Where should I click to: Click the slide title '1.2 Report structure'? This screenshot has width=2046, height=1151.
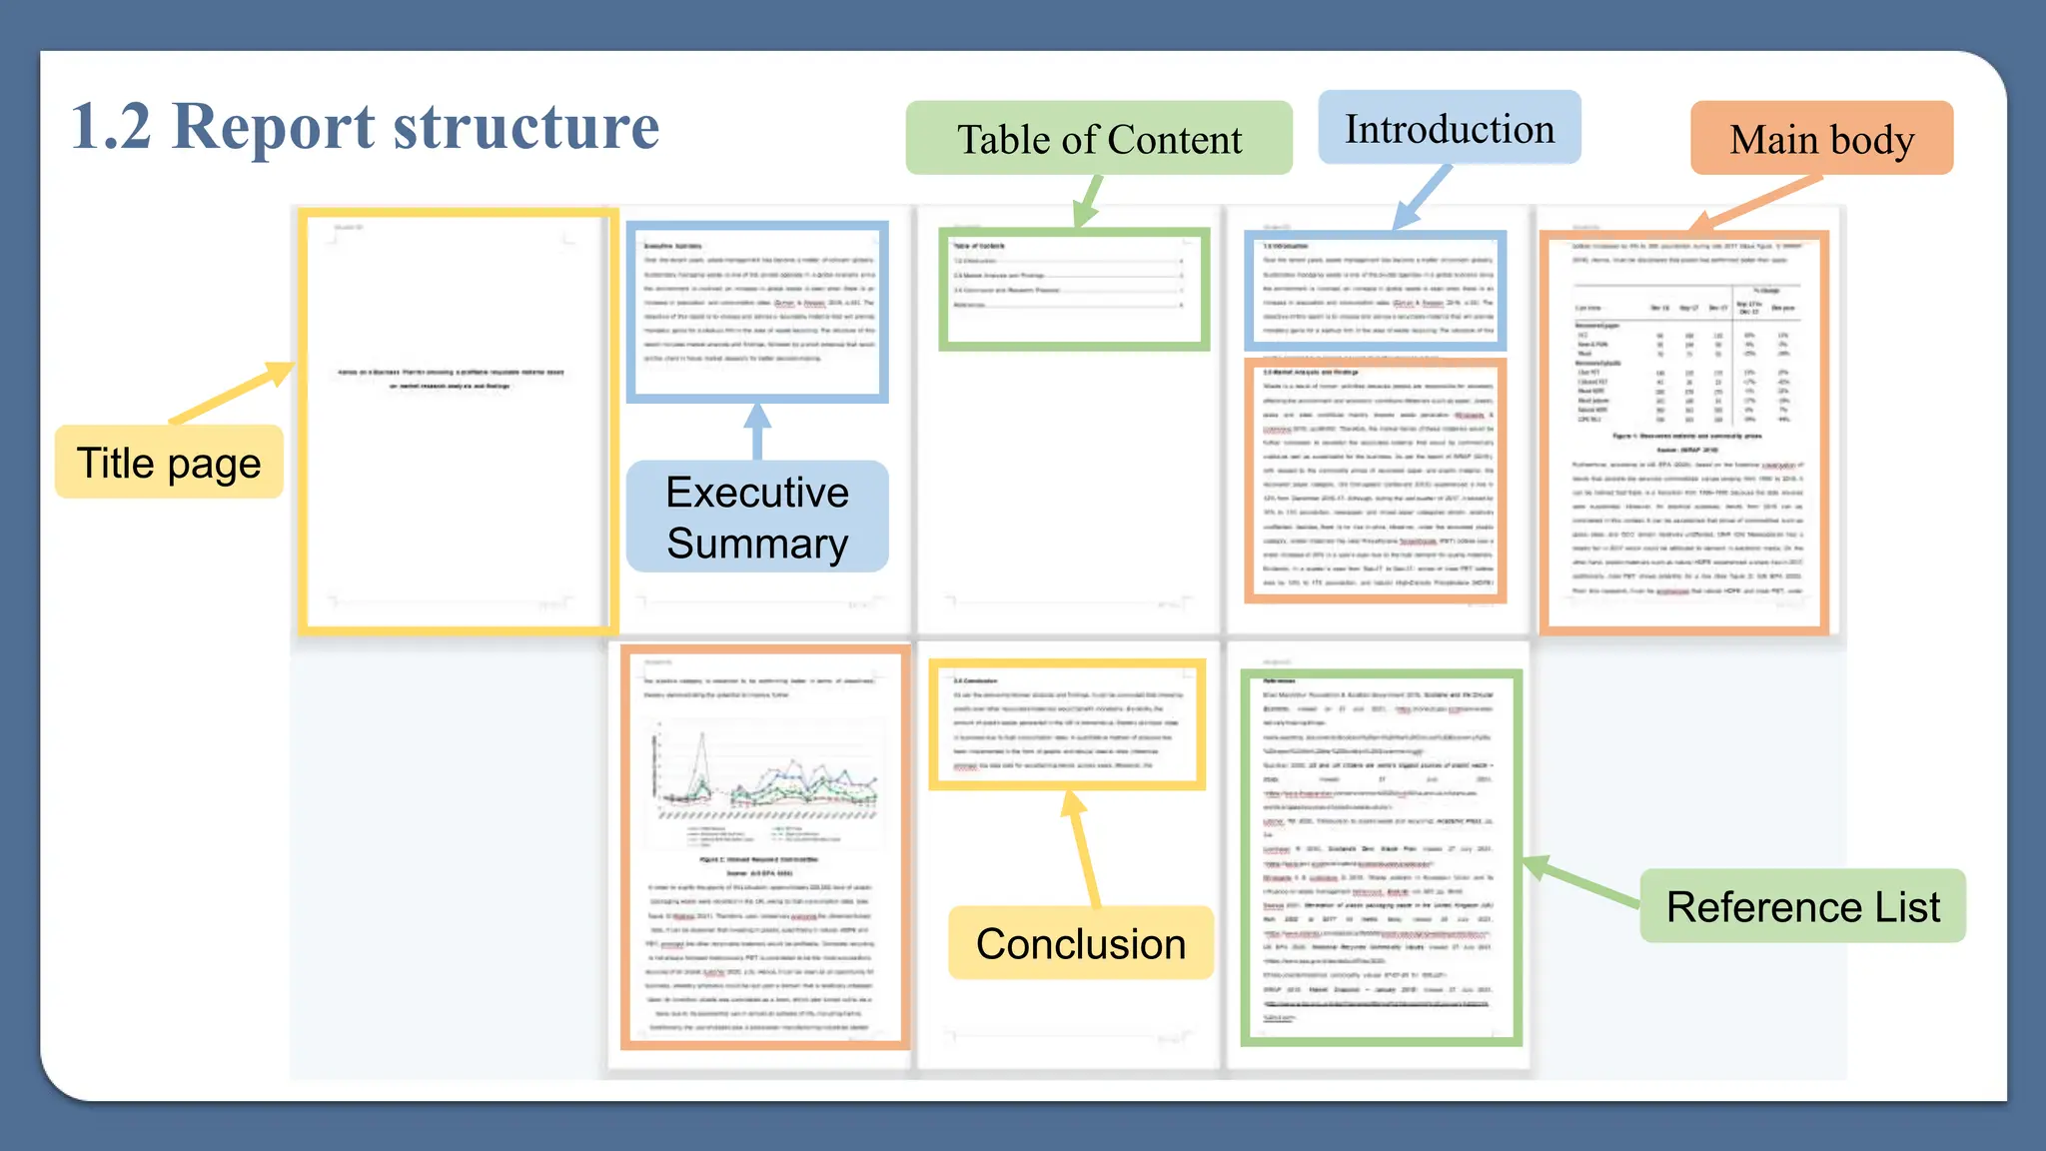click(x=366, y=127)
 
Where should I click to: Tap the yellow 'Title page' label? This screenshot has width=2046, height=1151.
click(x=169, y=463)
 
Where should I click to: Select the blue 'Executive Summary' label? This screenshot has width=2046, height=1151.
click(x=757, y=517)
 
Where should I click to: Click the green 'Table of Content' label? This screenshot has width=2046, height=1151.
click(x=1099, y=139)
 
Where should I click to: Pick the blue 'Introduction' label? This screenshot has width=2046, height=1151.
click(x=1449, y=129)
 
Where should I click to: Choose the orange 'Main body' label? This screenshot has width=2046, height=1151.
click(x=1821, y=139)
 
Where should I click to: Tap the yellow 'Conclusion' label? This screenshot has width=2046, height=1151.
click(x=1080, y=943)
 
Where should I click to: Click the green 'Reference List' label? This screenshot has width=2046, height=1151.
click(x=1802, y=906)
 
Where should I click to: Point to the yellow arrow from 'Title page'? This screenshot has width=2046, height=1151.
click(x=233, y=393)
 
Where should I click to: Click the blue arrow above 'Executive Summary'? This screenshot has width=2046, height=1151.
click(x=757, y=431)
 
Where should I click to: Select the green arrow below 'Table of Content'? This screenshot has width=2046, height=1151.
click(x=1089, y=201)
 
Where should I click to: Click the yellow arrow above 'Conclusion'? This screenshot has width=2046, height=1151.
click(x=1083, y=848)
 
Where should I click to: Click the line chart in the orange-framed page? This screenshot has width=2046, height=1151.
click(x=764, y=774)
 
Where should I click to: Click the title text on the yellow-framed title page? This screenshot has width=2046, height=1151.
click(x=451, y=379)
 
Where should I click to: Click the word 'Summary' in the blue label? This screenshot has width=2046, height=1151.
click(x=757, y=544)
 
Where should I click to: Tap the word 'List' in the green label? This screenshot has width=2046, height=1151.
click(x=1907, y=906)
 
